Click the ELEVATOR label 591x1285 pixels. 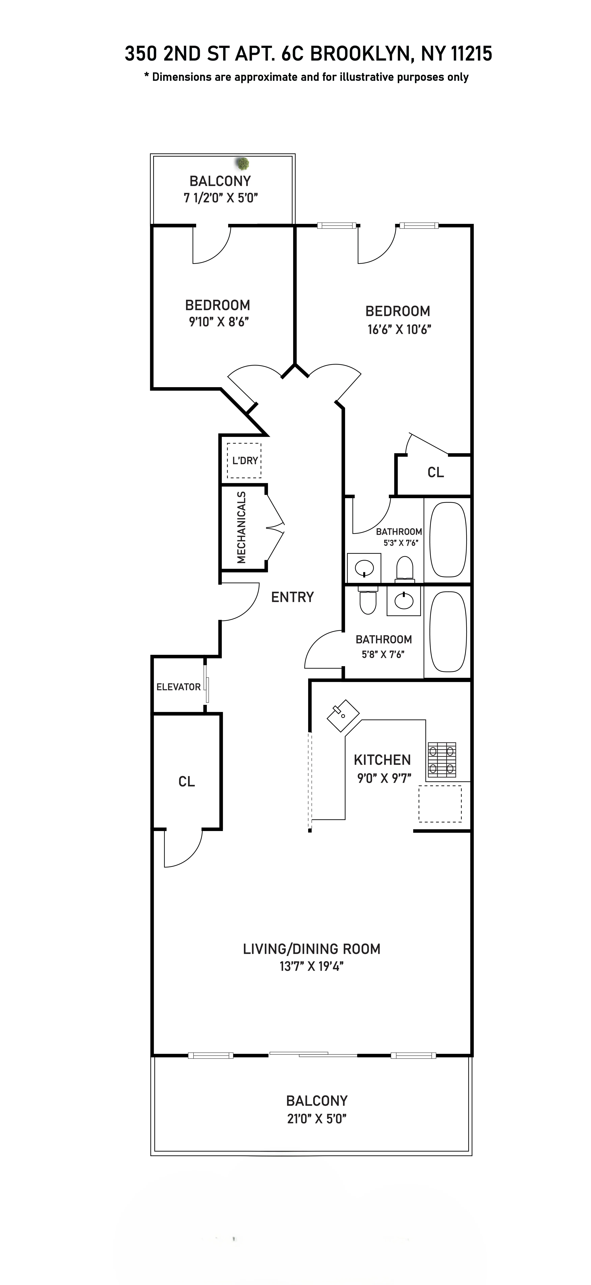coord(178,687)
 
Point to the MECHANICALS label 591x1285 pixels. coord(241,527)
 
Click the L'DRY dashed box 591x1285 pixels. coord(244,460)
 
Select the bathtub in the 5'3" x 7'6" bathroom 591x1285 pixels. coord(448,539)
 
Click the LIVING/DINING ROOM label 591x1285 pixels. coord(311,949)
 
